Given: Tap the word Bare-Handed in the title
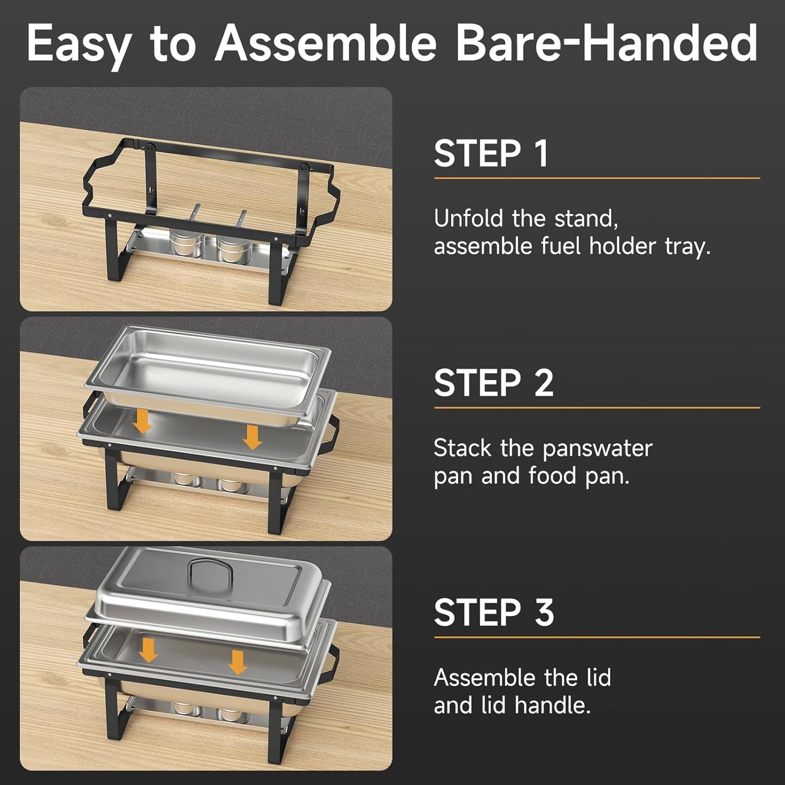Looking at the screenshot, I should [x=606, y=43].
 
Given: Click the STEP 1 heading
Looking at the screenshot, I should [x=491, y=154].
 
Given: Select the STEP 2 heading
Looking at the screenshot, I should [x=493, y=384].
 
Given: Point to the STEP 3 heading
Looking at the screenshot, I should [x=493, y=613].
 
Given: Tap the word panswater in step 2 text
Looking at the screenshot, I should [x=597, y=449].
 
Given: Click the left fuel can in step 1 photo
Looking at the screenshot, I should [x=185, y=243].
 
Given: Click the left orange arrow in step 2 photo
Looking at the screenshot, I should [x=143, y=421].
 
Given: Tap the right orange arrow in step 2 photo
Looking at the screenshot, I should [x=252, y=437].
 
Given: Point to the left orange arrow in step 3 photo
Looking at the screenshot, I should [x=148, y=650].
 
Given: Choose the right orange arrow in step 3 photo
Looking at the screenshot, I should [x=237, y=662].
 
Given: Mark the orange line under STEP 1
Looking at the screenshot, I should [x=596, y=178].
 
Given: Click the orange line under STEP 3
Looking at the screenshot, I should [x=596, y=637].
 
